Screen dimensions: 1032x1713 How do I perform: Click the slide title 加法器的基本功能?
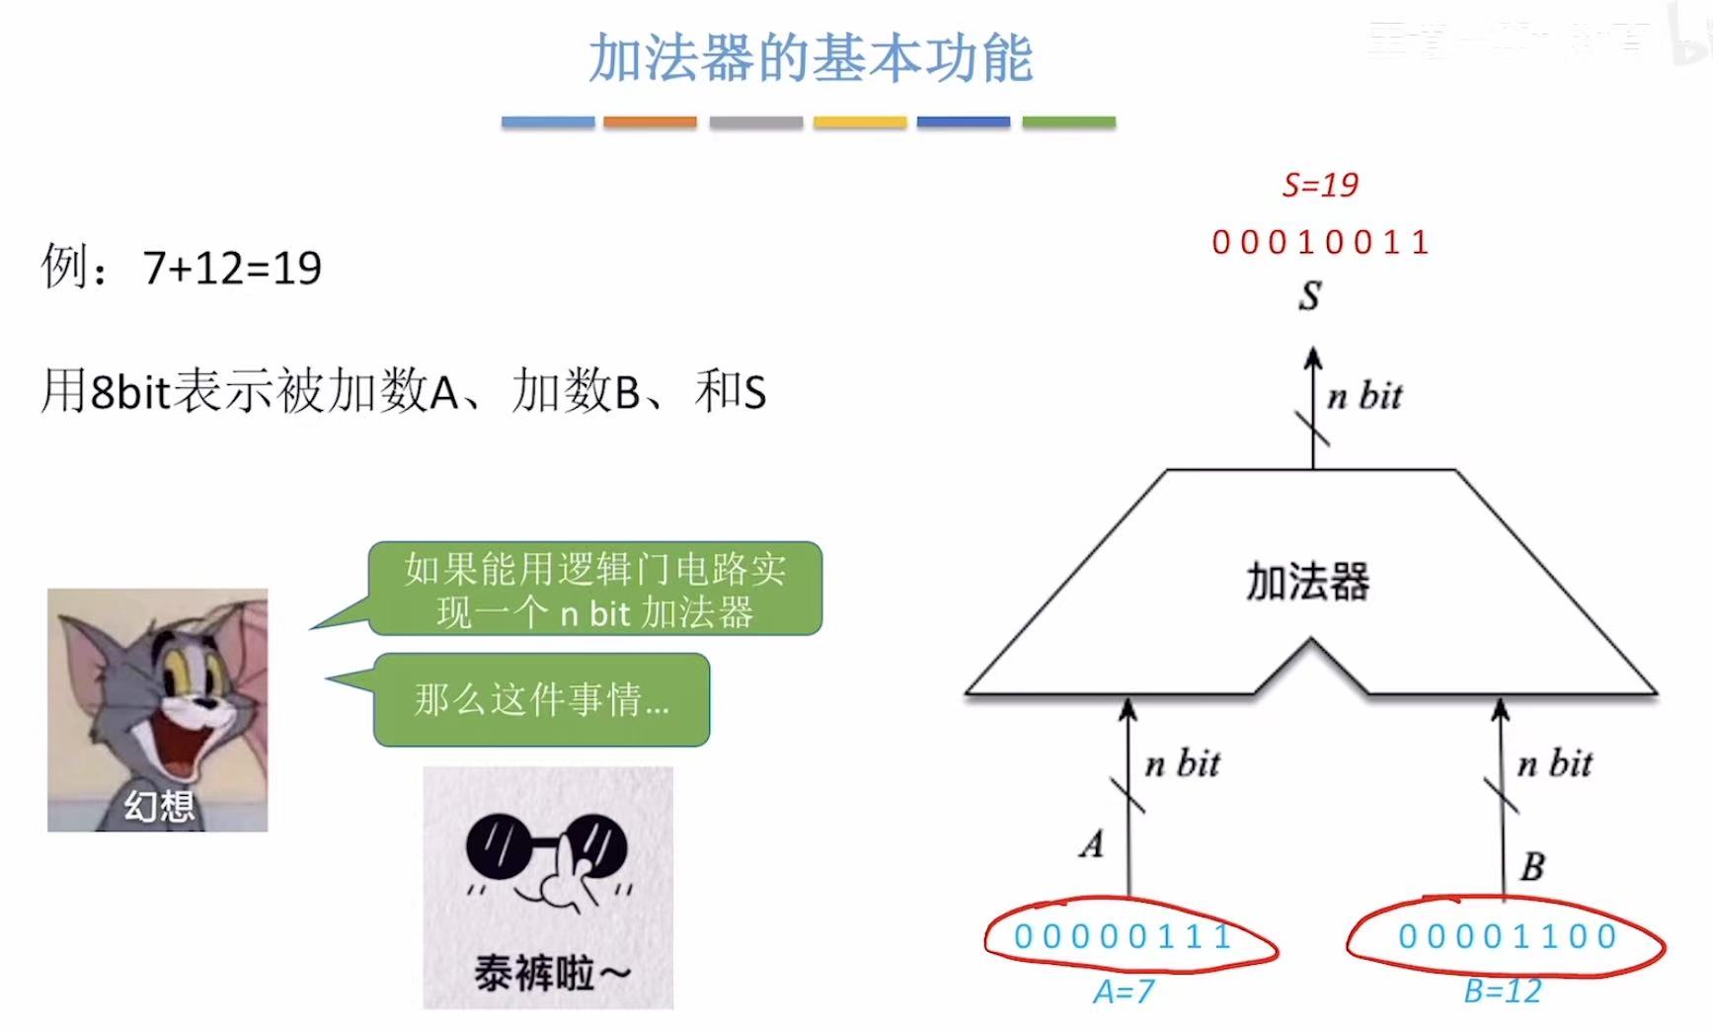tap(811, 58)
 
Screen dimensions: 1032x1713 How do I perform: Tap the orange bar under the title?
tap(650, 122)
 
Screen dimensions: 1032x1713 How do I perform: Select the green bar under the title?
tap(1068, 122)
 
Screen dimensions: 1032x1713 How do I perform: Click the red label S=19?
tap(1320, 185)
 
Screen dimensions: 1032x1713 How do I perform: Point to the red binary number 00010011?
tap(1320, 242)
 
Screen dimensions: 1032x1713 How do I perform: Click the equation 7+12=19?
tap(232, 268)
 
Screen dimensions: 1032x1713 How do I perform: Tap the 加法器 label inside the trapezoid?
tap(1307, 582)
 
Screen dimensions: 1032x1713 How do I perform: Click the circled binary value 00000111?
tap(1123, 935)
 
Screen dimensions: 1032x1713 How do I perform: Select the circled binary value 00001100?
tap(1507, 935)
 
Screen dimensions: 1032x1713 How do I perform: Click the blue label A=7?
tap(1123, 991)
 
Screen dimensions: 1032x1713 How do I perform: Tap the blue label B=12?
tap(1502, 991)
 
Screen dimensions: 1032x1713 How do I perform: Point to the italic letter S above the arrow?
tap(1309, 295)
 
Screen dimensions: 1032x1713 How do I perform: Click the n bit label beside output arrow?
tap(1364, 396)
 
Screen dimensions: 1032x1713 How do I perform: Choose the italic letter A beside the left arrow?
tap(1091, 844)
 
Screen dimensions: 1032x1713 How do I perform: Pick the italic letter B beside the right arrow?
tap(1531, 867)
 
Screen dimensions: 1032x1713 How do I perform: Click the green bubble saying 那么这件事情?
tap(541, 699)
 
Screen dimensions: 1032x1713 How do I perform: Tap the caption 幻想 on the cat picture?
tap(158, 807)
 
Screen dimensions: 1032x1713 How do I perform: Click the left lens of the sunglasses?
tap(500, 849)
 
